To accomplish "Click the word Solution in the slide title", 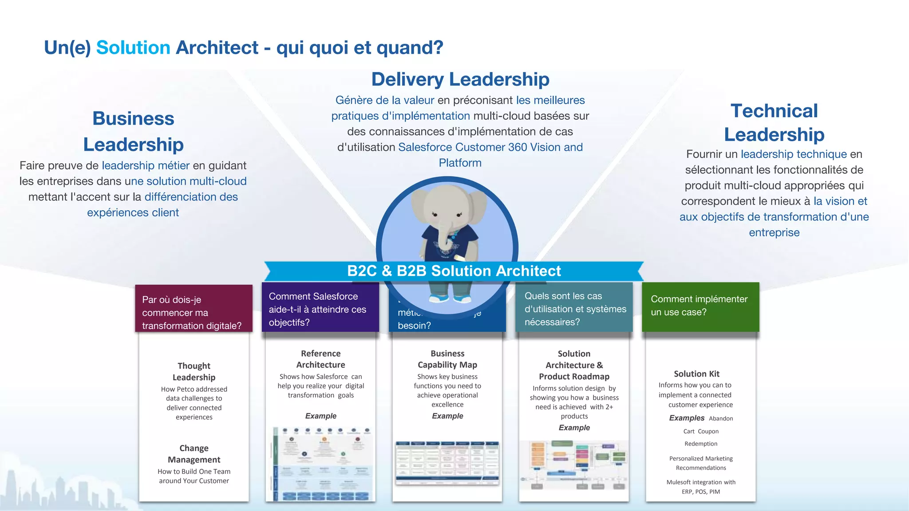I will click(x=133, y=48).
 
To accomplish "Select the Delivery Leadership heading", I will click(x=460, y=79).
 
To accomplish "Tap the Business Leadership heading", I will click(x=133, y=131).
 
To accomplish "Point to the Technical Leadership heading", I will click(x=774, y=122).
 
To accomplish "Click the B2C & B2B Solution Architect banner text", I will click(x=454, y=271).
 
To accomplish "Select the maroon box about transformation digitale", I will click(x=194, y=309).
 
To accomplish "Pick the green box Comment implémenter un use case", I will click(x=700, y=306).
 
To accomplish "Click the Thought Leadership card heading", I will click(x=194, y=372).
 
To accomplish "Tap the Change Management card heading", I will click(x=194, y=454).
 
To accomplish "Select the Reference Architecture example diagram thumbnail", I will click(x=320, y=464).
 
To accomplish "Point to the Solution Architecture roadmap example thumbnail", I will click(x=574, y=465).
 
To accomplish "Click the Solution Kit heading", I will click(x=696, y=374).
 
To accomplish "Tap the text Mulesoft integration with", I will click(x=701, y=482).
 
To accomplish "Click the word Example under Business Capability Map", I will click(x=447, y=416).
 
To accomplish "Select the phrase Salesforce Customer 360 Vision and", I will click(x=490, y=147).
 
